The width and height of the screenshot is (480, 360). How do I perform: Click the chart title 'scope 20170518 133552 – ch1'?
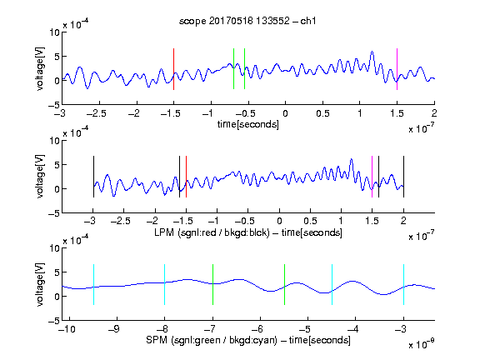pos(247,21)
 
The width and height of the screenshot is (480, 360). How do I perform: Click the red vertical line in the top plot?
pos(173,69)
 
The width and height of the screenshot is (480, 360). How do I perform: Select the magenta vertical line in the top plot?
pos(397,69)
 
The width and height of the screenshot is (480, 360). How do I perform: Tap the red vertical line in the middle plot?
pos(186,177)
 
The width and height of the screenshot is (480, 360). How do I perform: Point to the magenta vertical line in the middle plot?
pos(372,177)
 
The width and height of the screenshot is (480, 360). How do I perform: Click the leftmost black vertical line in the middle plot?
pos(93,177)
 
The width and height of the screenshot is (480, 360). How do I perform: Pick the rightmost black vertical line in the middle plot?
pos(403,177)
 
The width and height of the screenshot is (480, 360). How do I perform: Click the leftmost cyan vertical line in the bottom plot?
pos(93,284)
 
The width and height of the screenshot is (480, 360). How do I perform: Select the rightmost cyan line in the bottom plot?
pos(403,284)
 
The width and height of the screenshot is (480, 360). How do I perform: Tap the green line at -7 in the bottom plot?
pos(212,284)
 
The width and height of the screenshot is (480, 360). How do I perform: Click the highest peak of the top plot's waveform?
pos(372,52)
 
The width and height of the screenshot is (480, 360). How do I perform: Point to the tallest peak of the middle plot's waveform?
pos(352,159)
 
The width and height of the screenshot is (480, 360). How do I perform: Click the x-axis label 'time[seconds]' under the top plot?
pos(248,124)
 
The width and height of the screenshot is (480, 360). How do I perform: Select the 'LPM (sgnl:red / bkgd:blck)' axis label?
pos(212,232)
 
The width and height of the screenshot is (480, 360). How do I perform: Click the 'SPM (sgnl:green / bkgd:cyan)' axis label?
pos(212,340)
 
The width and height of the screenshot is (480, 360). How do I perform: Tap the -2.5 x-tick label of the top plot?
pos(97,113)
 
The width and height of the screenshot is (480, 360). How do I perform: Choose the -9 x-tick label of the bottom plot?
pos(114,329)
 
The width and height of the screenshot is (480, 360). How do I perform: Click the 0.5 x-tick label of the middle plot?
pos(310,221)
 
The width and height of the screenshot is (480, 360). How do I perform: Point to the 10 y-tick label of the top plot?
pos(54,32)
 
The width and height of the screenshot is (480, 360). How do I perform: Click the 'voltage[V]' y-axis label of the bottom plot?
pos(40,284)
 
